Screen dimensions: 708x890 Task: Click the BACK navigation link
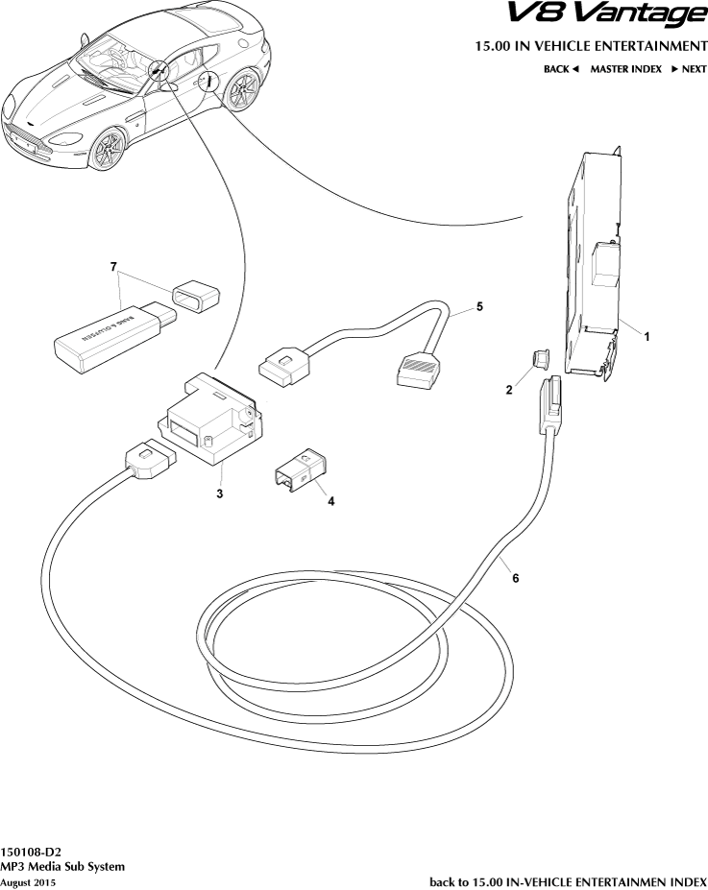click(561, 69)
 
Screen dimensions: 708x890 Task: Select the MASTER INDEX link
click(625, 69)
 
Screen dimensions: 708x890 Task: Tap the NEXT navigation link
click(689, 69)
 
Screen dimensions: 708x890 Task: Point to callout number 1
click(647, 337)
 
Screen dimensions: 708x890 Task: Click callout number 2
click(509, 390)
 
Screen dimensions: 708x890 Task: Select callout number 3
click(220, 493)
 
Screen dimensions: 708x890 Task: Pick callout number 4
click(330, 501)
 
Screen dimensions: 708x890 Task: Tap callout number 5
click(479, 306)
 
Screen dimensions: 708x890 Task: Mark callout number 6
click(516, 578)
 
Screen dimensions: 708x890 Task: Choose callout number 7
click(113, 266)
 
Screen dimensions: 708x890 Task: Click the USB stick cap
click(196, 295)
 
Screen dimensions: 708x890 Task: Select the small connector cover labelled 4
click(301, 470)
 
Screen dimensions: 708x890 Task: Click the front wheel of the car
click(108, 149)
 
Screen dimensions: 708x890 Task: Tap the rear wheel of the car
click(242, 89)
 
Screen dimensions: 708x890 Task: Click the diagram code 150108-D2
click(31, 853)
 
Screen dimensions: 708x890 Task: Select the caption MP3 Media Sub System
click(62, 867)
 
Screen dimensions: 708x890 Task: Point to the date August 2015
click(28, 882)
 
